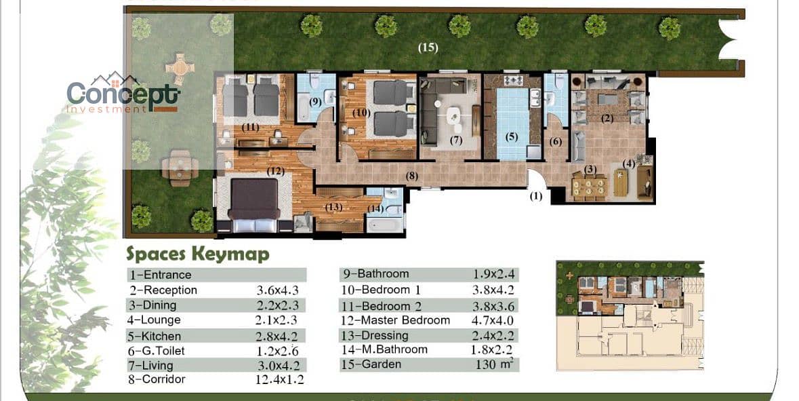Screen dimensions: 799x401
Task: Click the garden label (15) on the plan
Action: [x=428, y=47]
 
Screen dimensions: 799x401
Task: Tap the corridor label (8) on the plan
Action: [x=412, y=176]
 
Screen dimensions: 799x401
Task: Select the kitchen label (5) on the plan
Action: [x=511, y=137]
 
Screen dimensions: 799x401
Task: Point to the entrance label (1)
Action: [x=536, y=196]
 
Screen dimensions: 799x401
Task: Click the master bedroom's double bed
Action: [x=254, y=205]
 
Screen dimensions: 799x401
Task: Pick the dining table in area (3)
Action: [x=589, y=186]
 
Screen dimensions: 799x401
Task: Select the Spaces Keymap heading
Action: [x=198, y=254]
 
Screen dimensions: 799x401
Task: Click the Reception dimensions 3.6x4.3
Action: [x=277, y=291]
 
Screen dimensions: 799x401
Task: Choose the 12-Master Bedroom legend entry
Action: [x=395, y=320]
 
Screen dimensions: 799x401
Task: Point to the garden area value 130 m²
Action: [x=494, y=364]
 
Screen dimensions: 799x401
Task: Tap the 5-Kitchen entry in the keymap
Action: [x=153, y=337]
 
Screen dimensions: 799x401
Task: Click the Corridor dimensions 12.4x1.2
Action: [x=279, y=379]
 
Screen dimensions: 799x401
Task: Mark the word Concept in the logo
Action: [x=123, y=94]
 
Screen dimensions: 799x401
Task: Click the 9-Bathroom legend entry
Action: [x=375, y=274]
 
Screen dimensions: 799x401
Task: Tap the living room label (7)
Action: [x=456, y=140]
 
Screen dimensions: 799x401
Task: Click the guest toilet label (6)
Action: [x=556, y=141]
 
